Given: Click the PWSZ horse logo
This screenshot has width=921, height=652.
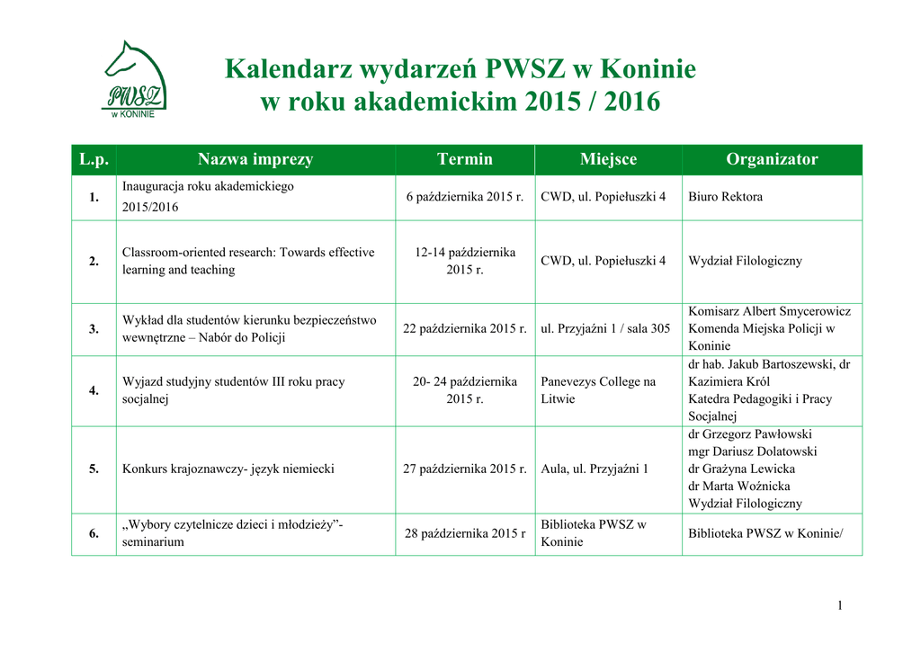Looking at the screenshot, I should click(x=134, y=80).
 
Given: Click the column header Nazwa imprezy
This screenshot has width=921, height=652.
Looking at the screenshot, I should click(x=255, y=159).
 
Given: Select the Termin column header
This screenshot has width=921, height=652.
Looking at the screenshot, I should click(x=464, y=159).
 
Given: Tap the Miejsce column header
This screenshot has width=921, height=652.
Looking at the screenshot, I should click(x=608, y=159).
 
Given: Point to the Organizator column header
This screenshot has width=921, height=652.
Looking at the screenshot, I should click(x=772, y=159).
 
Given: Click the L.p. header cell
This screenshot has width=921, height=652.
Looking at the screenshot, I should click(x=94, y=159).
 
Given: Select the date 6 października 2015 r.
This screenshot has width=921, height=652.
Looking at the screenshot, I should click(x=464, y=197).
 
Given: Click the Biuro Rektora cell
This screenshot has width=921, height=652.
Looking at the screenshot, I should click(x=725, y=197).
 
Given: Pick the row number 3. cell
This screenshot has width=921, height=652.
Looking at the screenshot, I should click(x=94, y=329).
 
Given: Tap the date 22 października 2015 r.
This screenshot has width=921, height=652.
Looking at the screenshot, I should click(x=464, y=329).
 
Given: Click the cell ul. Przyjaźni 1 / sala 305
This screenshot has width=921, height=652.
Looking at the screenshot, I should click(x=605, y=329).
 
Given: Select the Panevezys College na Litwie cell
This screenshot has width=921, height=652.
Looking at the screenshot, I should click(x=598, y=390).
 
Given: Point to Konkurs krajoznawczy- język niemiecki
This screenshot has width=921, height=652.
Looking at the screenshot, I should click(x=228, y=469).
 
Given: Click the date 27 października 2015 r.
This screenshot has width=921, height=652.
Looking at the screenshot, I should click(x=464, y=469).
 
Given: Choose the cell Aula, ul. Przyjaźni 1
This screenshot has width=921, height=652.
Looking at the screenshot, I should click(x=595, y=469).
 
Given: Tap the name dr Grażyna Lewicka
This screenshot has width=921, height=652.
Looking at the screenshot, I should click(x=741, y=469).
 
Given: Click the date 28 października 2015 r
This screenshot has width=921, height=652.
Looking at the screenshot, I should click(x=464, y=534).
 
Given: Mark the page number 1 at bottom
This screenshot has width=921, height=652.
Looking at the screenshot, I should click(x=840, y=606).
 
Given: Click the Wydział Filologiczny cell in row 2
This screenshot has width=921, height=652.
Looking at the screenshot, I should click(x=745, y=261).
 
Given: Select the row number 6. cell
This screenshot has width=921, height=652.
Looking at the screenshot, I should click(x=94, y=534).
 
